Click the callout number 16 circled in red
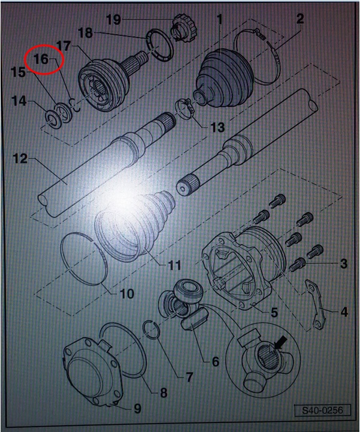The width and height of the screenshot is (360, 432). [41, 59]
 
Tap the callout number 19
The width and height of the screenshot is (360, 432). [113, 20]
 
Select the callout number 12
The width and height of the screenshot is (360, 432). [20, 159]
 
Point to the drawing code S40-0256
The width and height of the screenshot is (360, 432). [322, 410]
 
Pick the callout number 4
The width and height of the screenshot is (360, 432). [344, 312]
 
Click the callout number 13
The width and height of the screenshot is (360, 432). [217, 128]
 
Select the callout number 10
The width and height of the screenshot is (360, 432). [127, 294]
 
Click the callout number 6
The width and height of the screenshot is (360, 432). [215, 361]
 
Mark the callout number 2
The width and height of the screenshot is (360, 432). [300, 19]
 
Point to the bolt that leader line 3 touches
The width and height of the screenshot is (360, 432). [297, 265]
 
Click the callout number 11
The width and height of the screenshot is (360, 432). [174, 265]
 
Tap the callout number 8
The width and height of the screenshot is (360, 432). [164, 393]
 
